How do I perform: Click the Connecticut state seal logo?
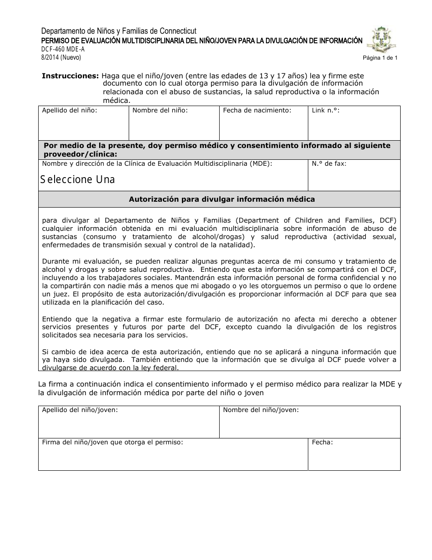(x=384, y=40)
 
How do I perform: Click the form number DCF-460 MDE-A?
(x=63, y=49)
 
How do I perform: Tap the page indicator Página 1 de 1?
(x=380, y=58)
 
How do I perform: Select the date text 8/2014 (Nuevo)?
(x=61, y=57)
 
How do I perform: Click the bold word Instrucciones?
(x=70, y=76)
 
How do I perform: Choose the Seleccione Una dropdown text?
(x=78, y=179)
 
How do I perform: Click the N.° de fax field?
(x=354, y=178)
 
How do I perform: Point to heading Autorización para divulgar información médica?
(x=221, y=199)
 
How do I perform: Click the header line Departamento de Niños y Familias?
(x=119, y=31)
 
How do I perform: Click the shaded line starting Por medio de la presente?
(x=217, y=149)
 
